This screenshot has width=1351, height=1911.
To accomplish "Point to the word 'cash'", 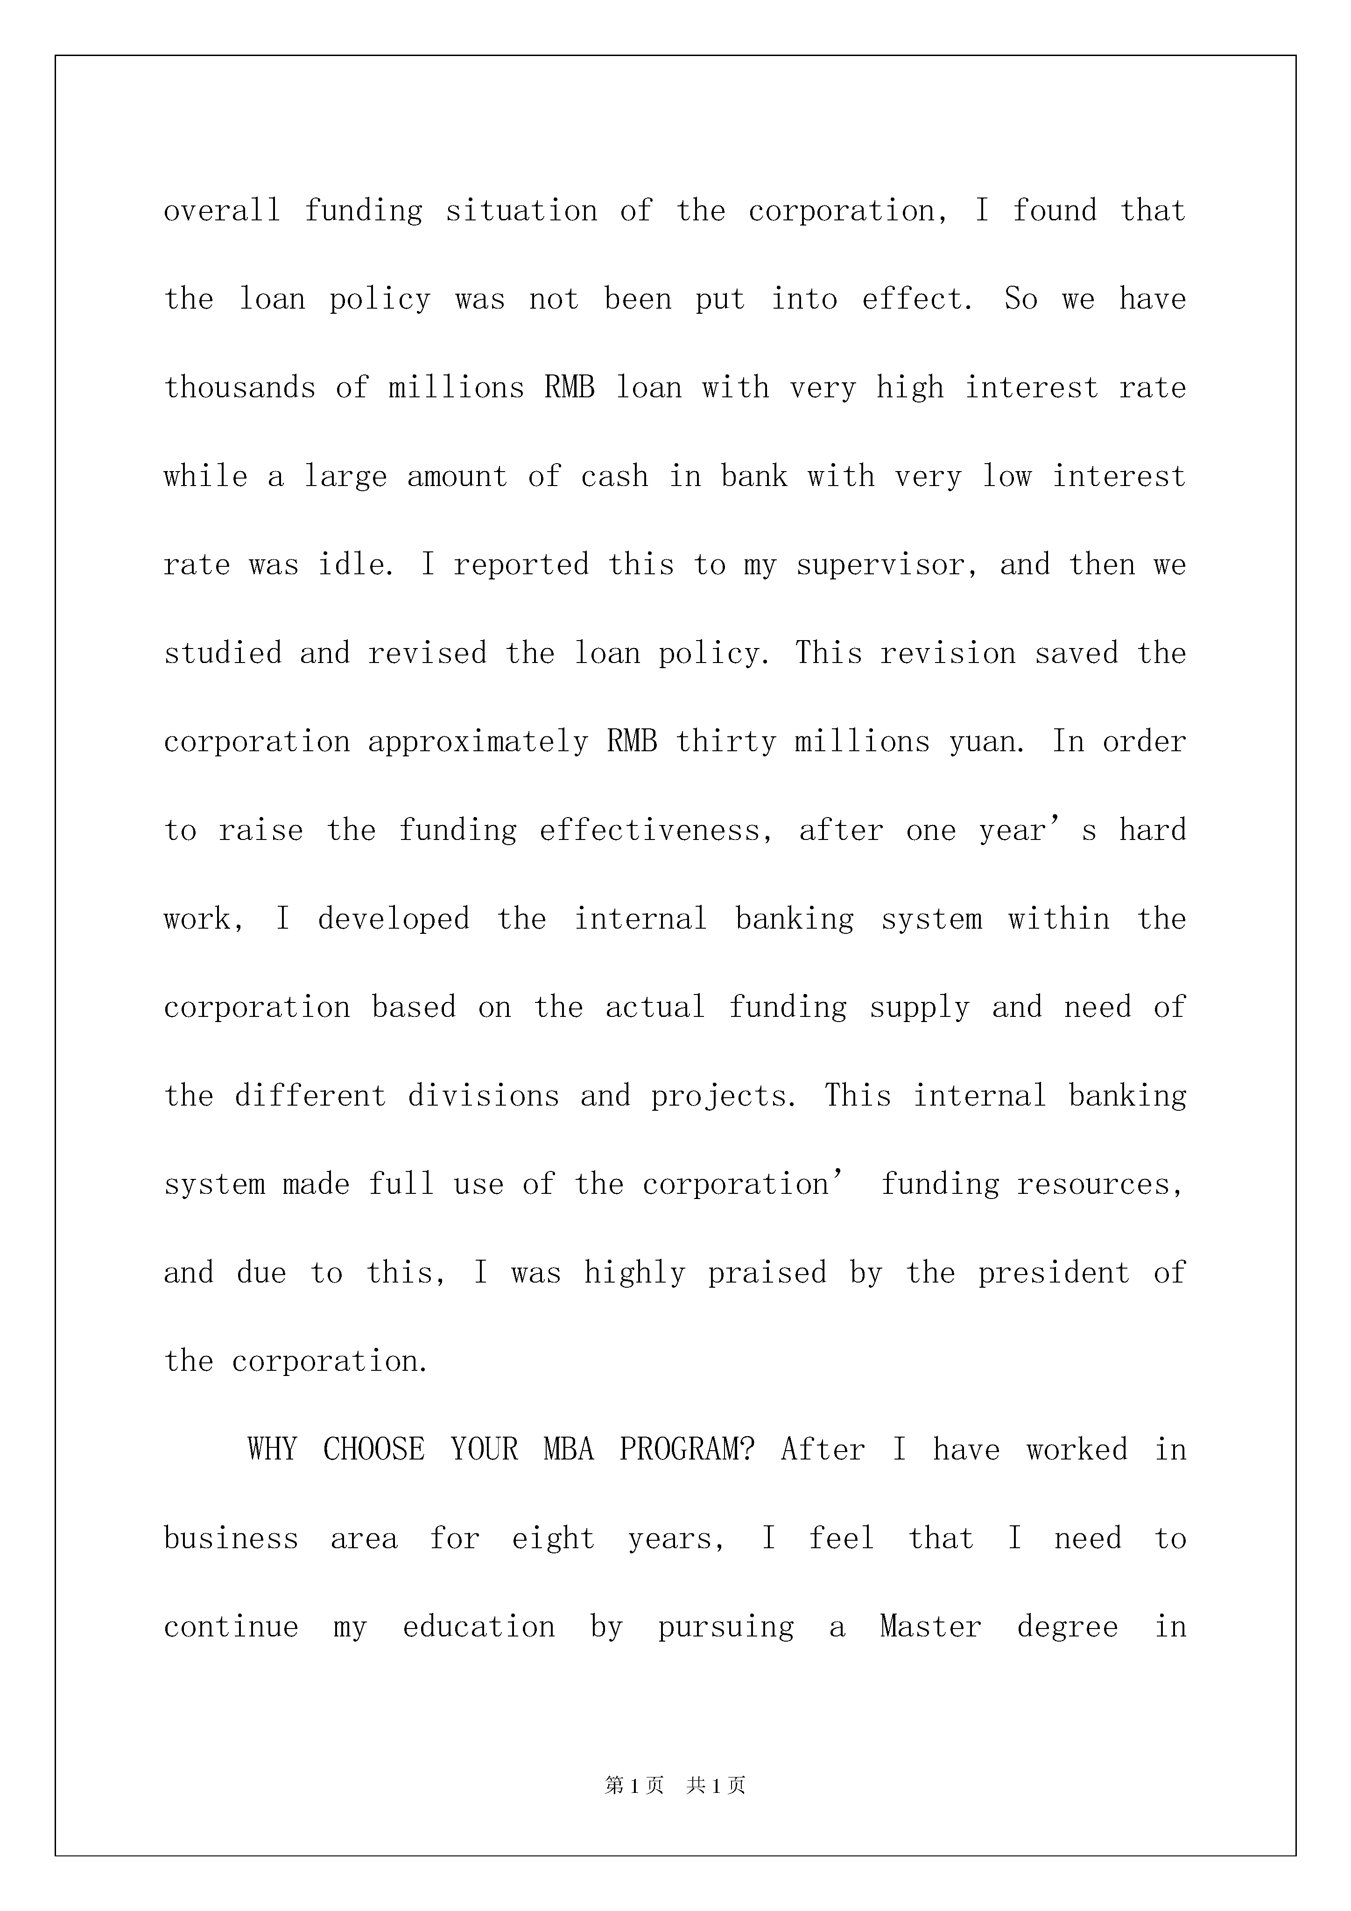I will pyautogui.click(x=614, y=476).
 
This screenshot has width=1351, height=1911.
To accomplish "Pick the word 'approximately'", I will pyautogui.click(x=478, y=741).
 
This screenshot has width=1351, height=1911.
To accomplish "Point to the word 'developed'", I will pyautogui.click(x=394, y=919).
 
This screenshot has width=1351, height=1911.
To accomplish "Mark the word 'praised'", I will pyautogui.click(x=767, y=1273).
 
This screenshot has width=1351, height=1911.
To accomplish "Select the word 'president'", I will pyautogui.click(x=1053, y=1273).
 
